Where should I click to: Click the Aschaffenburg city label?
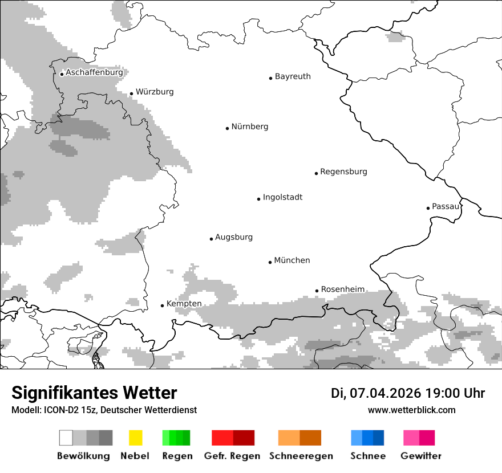(x=94, y=72)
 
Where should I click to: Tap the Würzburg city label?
(x=155, y=92)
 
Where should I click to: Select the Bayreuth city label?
(x=293, y=76)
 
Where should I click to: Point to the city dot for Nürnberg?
(x=227, y=128)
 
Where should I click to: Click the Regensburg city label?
(x=343, y=172)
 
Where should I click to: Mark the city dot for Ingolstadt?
(x=258, y=199)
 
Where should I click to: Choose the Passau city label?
(x=446, y=206)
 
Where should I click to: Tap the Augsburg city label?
(x=234, y=237)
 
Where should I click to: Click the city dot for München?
(x=270, y=262)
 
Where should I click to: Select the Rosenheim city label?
(x=343, y=289)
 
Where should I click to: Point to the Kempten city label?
(x=184, y=304)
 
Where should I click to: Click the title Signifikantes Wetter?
(x=94, y=393)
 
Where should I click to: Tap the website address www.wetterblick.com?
(x=412, y=410)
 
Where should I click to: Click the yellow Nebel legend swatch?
(x=135, y=438)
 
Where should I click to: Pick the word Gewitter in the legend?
(x=421, y=456)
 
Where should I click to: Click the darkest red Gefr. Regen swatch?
(x=244, y=438)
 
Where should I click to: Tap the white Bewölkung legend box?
(x=66, y=438)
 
